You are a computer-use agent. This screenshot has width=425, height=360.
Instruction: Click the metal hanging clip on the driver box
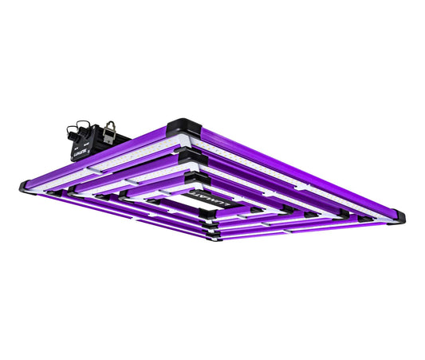[x=111, y=129]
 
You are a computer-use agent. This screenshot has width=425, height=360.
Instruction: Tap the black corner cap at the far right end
[x=396, y=216]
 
